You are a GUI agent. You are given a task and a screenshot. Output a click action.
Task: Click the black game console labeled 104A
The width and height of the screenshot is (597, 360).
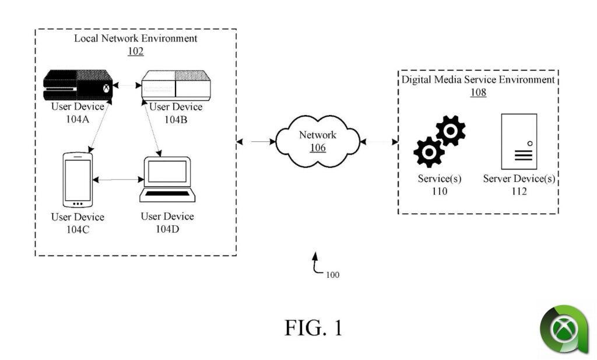(x=78, y=85)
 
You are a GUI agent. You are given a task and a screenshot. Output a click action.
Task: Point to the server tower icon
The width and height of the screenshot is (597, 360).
(x=519, y=141)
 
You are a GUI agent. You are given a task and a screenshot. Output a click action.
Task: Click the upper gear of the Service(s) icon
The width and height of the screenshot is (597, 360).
(x=450, y=131)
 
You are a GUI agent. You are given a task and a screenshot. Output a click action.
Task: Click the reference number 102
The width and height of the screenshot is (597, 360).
(x=135, y=51)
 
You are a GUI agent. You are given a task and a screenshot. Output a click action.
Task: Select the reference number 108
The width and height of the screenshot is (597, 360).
(x=478, y=92)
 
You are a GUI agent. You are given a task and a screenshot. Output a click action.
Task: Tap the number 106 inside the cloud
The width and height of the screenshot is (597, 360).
(x=318, y=148)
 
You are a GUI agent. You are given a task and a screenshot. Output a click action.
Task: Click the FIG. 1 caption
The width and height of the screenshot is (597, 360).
(x=313, y=327)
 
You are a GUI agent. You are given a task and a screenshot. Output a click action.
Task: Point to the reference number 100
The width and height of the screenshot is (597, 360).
(x=333, y=274)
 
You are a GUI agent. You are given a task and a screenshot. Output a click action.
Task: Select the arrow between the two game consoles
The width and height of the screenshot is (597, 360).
(x=127, y=86)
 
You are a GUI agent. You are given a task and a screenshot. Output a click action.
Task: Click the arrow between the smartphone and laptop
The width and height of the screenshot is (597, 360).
(x=117, y=181)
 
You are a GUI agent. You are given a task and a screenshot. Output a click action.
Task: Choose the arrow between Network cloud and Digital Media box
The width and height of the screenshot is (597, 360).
(x=379, y=141)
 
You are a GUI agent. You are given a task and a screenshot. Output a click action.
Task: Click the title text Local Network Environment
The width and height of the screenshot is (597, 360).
(x=135, y=39)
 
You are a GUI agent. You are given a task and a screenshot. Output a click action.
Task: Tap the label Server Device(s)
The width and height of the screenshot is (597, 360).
(x=519, y=179)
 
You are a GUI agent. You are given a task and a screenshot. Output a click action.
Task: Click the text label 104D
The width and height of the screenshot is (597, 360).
(x=167, y=229)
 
